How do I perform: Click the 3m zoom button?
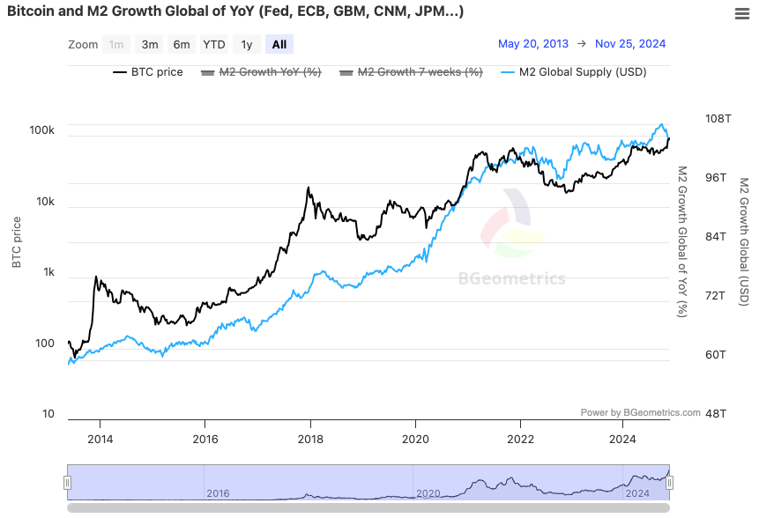[150, 45]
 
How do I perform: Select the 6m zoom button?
[182, 45]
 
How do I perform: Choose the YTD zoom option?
[214, 45]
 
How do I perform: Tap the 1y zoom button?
[247, 45]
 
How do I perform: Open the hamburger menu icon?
[742, 13]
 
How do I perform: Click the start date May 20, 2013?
[532, 44]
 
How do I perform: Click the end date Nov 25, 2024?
[630, 44]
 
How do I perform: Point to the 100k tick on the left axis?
[42, 130]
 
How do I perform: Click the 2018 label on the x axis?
[309, 439]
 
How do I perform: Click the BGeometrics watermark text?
[512, 279]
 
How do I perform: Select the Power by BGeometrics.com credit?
[640, 412]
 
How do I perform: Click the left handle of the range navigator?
[67, 482]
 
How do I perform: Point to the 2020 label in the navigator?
[428, 493]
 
